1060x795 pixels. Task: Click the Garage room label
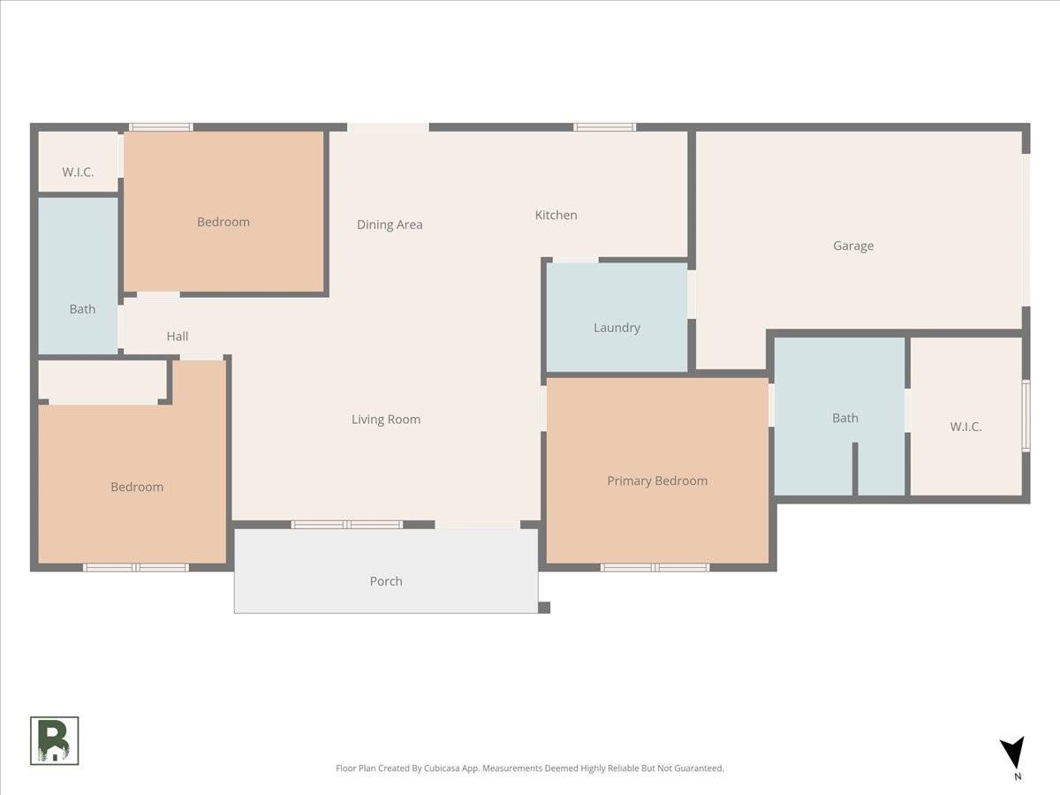coord(853,246)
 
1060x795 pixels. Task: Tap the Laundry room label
coord(617,328)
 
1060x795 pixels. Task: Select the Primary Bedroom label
coord(657,481)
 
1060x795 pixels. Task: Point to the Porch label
coord(386,581)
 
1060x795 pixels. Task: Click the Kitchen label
coord(556,215)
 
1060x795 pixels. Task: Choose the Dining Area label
coord(390,224)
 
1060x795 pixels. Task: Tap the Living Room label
coord(386,420)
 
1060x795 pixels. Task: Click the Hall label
coord(178,336)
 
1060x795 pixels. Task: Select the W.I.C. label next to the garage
coord(965,427)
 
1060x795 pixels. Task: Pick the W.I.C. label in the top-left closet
coord(78,172)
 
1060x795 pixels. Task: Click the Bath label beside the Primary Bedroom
coord(845,418)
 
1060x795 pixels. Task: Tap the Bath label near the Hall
coord(82,309)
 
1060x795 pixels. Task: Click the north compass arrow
coord(1012,753)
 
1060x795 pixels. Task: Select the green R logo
coord(55,740)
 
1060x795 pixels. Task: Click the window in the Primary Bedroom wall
coord(655,567)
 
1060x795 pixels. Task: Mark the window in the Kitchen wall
coord(604,127)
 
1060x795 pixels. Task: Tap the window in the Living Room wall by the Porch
coord(347,525)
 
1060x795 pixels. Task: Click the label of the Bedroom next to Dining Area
coord(223,222)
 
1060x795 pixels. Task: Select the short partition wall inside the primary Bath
coord(855,469)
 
